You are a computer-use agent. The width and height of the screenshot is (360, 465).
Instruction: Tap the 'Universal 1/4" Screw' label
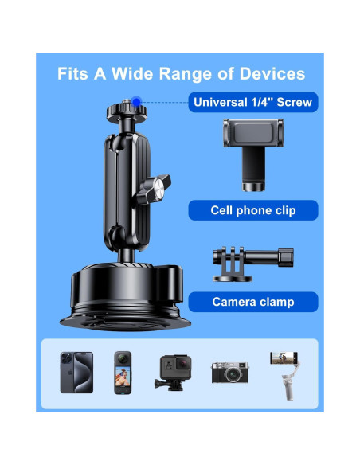coord(252,102)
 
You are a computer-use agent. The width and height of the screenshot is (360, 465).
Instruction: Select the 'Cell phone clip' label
coord(252,210)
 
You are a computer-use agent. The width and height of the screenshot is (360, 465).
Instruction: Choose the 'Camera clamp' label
coord(252,302)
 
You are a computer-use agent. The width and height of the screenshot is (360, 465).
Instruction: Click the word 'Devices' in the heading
coord(272,74)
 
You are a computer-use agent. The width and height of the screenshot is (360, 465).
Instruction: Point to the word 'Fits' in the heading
coord(73,74)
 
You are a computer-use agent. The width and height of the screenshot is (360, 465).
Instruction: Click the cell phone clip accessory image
coord(252,151)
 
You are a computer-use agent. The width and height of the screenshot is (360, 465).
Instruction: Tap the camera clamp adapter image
coord(252,260)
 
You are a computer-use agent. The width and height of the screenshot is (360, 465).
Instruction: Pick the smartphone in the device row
coord(76,372)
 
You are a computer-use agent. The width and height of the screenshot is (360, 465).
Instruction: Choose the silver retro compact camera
coord(230,372)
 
